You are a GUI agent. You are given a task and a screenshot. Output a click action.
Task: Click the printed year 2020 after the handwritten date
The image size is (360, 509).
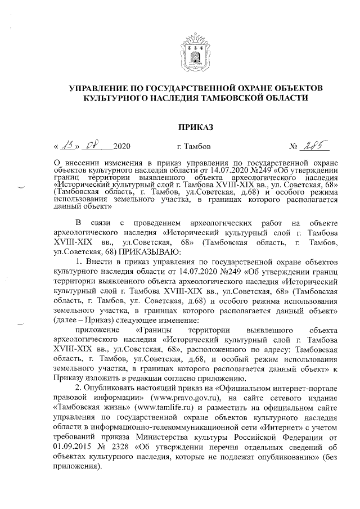pyautogui.click(x=121, y=147)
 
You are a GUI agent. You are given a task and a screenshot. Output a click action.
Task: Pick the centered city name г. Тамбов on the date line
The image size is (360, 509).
pyautogui.click(x=194, y=147)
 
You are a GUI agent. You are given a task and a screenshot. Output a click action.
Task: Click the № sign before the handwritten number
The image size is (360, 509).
pyautogui.click(x=293, y=147)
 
